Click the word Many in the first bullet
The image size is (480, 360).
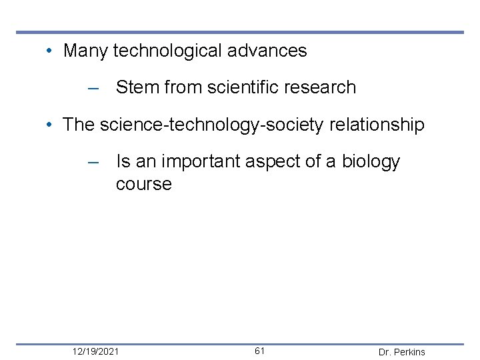click(x=85, y=51)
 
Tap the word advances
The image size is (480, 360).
click(x=273, y=51)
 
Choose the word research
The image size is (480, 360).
click(x=323, y=87)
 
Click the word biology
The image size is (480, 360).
click(x=371, y=162)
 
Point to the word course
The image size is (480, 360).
click(x=143, y=184)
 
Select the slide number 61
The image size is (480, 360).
click(x=260, y=351)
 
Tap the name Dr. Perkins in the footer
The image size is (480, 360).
click(x=401, y=352)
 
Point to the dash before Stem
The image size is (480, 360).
click(x=93, y=88)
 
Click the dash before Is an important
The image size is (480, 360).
click(x=93, y=162)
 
